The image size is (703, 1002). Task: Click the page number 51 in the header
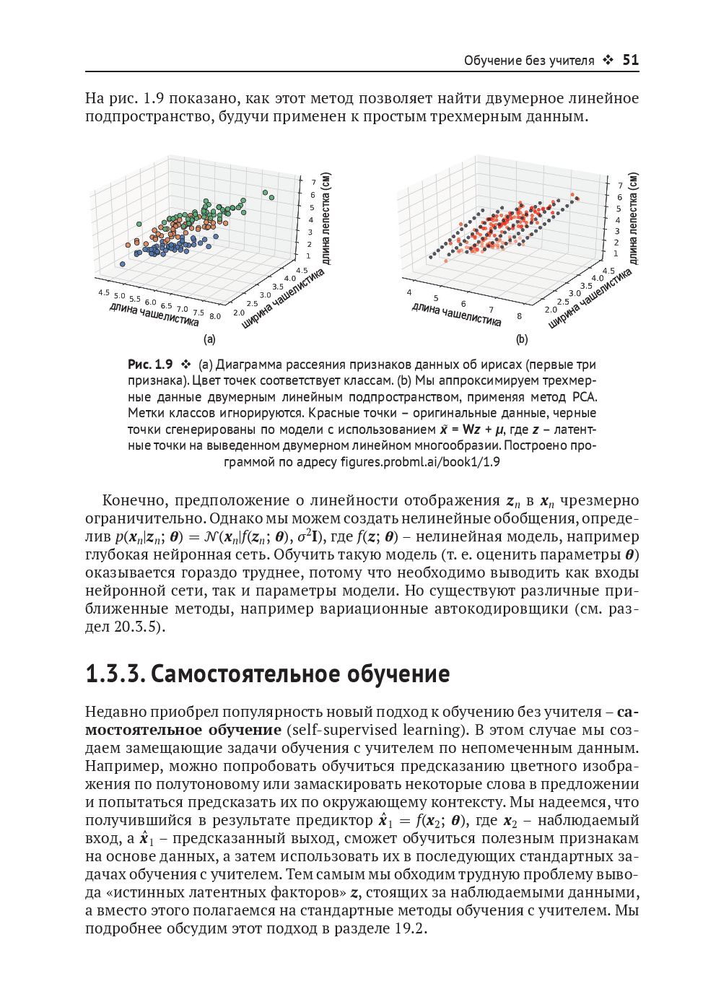(x=630, y=61)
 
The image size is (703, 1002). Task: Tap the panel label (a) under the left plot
(x=209, y=339)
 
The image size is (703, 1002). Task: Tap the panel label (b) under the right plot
(x=521, y=339)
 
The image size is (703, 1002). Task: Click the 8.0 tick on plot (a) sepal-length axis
(x=215, y=316)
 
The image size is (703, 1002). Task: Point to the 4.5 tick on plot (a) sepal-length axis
(x=103, y=292)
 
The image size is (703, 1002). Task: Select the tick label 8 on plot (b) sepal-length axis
(x=520, y=315)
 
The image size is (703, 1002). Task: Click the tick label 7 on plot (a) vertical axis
(x=313, y=183)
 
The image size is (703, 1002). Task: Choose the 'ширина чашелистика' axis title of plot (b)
(x=589, y=298)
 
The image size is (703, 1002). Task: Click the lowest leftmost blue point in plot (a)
(x=123, y=264)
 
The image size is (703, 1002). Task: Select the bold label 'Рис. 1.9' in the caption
(x=150, y=365)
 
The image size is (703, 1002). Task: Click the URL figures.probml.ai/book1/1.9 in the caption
(x=420, y=462)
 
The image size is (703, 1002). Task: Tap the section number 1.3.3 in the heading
(x=115, y=674)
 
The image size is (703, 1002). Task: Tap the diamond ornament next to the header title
(x=608, y=61)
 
